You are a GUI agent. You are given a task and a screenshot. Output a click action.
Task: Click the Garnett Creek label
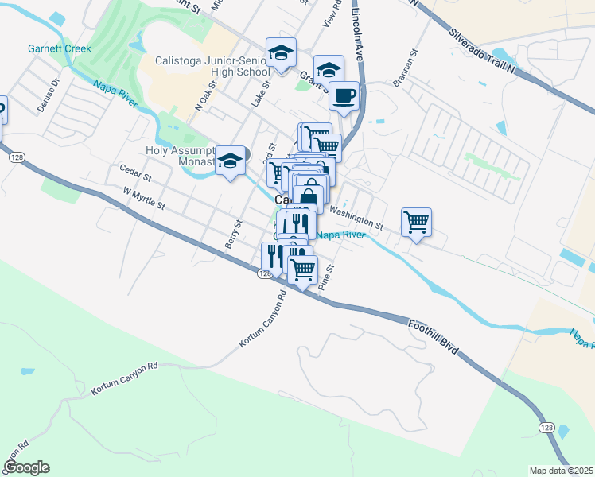point(60,48)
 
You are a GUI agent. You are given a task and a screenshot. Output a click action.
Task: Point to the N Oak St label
point(206,95)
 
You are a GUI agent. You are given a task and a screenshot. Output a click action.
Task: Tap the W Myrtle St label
point(144,198)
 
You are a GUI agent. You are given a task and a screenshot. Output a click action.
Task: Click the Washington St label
point(356,215)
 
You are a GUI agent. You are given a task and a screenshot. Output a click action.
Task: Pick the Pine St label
point(325,277)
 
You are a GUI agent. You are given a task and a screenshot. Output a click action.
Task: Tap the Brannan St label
point(405,70)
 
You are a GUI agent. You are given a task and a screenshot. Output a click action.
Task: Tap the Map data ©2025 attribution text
point(560,471)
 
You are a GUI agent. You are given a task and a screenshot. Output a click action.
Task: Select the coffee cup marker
point(344,97)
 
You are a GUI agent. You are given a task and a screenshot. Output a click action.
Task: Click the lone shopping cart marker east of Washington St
point(416,222)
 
